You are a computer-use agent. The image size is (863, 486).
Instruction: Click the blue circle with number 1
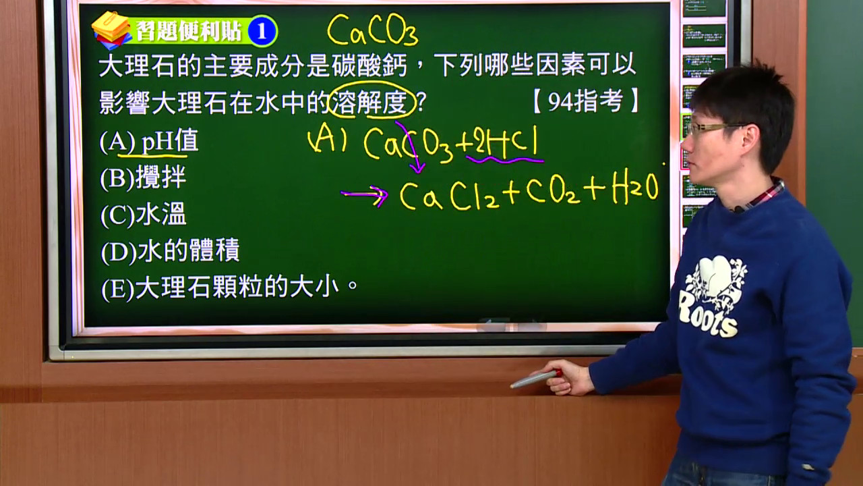point(262,31)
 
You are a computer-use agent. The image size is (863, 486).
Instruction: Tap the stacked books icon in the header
point(112,30)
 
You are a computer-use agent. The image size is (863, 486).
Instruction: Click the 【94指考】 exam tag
point(586,101)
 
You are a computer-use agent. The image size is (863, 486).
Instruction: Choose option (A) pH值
point(149,141)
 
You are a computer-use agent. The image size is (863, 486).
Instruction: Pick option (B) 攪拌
point(143,178)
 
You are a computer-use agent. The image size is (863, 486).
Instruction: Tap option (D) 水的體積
point(170,251)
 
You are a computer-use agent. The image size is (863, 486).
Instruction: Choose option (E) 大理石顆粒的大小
point(230,288)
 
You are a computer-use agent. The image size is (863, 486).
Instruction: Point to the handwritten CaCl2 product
point(449,196)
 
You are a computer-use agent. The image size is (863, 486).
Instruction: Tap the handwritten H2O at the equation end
point(635,187)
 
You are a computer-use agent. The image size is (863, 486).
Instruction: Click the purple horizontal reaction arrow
point(365,194)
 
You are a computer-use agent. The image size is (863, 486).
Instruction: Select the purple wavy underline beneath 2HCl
point(505,159)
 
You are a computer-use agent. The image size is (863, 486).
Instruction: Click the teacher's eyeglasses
point(713,128)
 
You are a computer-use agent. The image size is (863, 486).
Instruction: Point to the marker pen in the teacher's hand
point(535,379)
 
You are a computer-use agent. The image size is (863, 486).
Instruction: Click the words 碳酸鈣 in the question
point(369,65)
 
